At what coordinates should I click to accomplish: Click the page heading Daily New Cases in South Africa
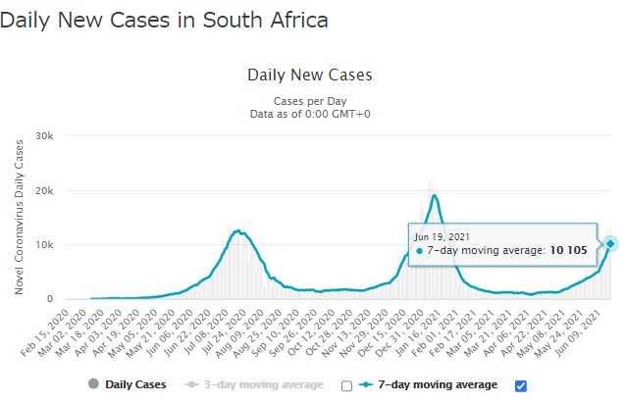tap(164, 19)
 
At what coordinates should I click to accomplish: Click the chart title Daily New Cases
tap(309, 75)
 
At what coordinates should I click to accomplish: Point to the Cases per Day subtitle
tap(309, 101)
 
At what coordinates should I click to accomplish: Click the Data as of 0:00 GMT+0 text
tap(309, 115)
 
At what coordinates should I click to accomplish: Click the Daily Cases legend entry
tap(128, 384)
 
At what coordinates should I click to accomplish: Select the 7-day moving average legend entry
tap(440, 384)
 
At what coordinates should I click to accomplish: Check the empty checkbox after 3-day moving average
tap(346, 385)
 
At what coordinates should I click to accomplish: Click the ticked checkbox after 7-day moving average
tap(521, 384)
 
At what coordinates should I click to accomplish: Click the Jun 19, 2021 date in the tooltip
tap(443, 236)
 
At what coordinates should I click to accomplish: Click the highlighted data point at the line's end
tap(610, 243)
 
